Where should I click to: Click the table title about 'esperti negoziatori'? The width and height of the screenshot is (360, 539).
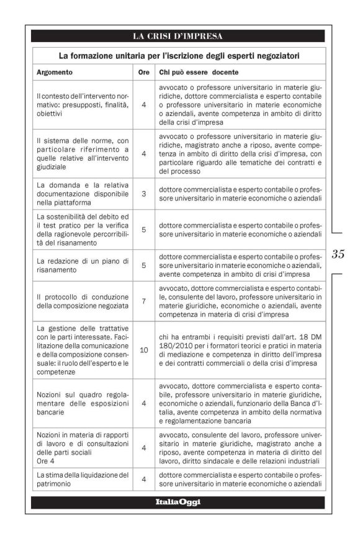(179, 56)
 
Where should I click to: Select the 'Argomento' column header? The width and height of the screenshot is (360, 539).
(55, 72)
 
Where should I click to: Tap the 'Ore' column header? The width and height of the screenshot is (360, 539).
(143, 72)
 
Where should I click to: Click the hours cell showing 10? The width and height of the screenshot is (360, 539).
(143, 350)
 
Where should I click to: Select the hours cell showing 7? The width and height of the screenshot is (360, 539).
(143, 301)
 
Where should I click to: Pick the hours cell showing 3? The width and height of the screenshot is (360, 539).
(143, 194)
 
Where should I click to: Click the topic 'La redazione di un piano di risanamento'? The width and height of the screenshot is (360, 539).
(82, 265)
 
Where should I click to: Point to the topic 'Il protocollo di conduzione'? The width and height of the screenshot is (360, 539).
(82, 301)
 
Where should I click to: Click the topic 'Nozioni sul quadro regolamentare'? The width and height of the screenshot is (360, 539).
(82, 403)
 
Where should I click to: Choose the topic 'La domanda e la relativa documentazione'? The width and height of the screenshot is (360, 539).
(82, 194)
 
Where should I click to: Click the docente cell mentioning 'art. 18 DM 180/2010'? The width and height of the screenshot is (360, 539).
(240, 350)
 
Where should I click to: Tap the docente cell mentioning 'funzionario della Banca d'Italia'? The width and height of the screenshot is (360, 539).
(240, 403)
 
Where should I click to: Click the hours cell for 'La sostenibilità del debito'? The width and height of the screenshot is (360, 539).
(143, 229)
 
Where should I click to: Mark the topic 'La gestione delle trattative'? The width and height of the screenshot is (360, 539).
(82, 350)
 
